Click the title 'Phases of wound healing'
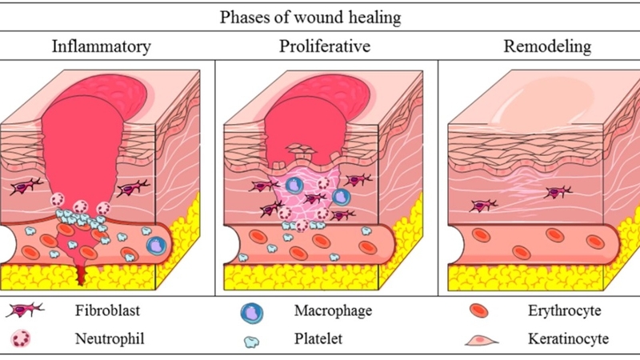click(319, 15)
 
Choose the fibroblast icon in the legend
click(27, 310)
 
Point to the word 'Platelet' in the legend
click(315, 338)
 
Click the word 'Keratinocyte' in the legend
click(568, 338)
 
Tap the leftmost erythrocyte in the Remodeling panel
click(482, 236)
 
